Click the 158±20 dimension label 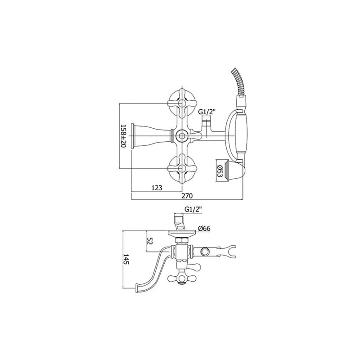tap(123, 136)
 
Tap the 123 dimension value tap(157, 188)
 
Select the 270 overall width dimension tap(187, 196)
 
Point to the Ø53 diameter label tap(220, 171)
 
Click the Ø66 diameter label tap(204, 228)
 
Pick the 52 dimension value tap(150, 241)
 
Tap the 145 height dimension tap(126, 259)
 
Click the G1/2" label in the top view tap(207, 112)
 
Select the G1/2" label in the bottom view tap(193, 209)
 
